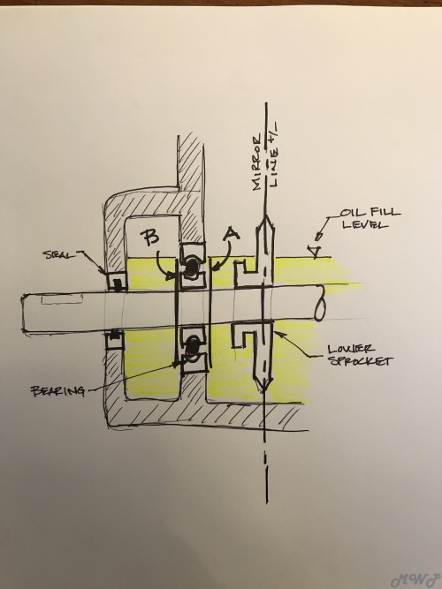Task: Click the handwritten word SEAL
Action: click(x=59, y=254)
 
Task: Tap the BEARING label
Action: click(x=58, y=391)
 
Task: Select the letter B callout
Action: click(x=150, y=238)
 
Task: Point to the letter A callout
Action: click(x=232, y=235)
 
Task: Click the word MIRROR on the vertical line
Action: click(x=258, y=163)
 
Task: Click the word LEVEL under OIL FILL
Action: click(x=363, y=225)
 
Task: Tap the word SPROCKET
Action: click(x=361, y=361)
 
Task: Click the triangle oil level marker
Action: click(x=314, y=252)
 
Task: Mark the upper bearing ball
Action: click(x=192, y=266)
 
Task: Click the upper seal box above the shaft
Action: click(x=117, y=282)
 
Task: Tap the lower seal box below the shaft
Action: click(x=114, y=339)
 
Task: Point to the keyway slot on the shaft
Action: click(x=62, y=299)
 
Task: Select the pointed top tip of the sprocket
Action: click(x=265, y=216)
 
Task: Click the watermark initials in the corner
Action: click(x=415, y=579)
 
